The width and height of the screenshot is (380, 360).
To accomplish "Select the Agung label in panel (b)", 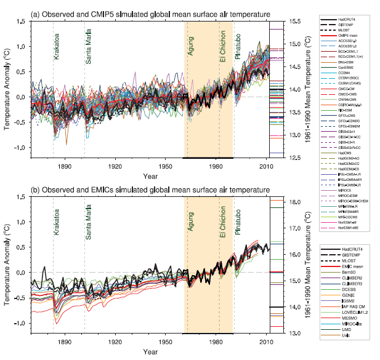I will click(190, 225).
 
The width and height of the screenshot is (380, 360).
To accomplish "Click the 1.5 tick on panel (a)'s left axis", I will click(23, 22).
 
